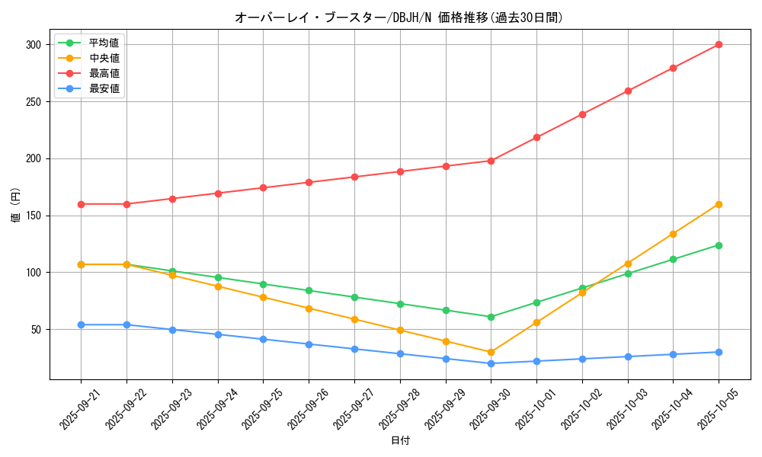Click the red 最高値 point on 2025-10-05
tap(719, 45)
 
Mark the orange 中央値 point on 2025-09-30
tap(491, 352)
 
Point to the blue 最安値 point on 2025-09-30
tap(491, 363)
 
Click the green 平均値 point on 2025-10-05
tap(719, 245)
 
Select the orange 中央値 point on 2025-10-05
tap(719, 204)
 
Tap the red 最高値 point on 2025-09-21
tap(81, 204)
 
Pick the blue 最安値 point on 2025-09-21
tap(81, 324)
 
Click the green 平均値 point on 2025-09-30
tap(491, 317)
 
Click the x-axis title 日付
tap(400, 441)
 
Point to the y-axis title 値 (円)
tap(16, 205)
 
